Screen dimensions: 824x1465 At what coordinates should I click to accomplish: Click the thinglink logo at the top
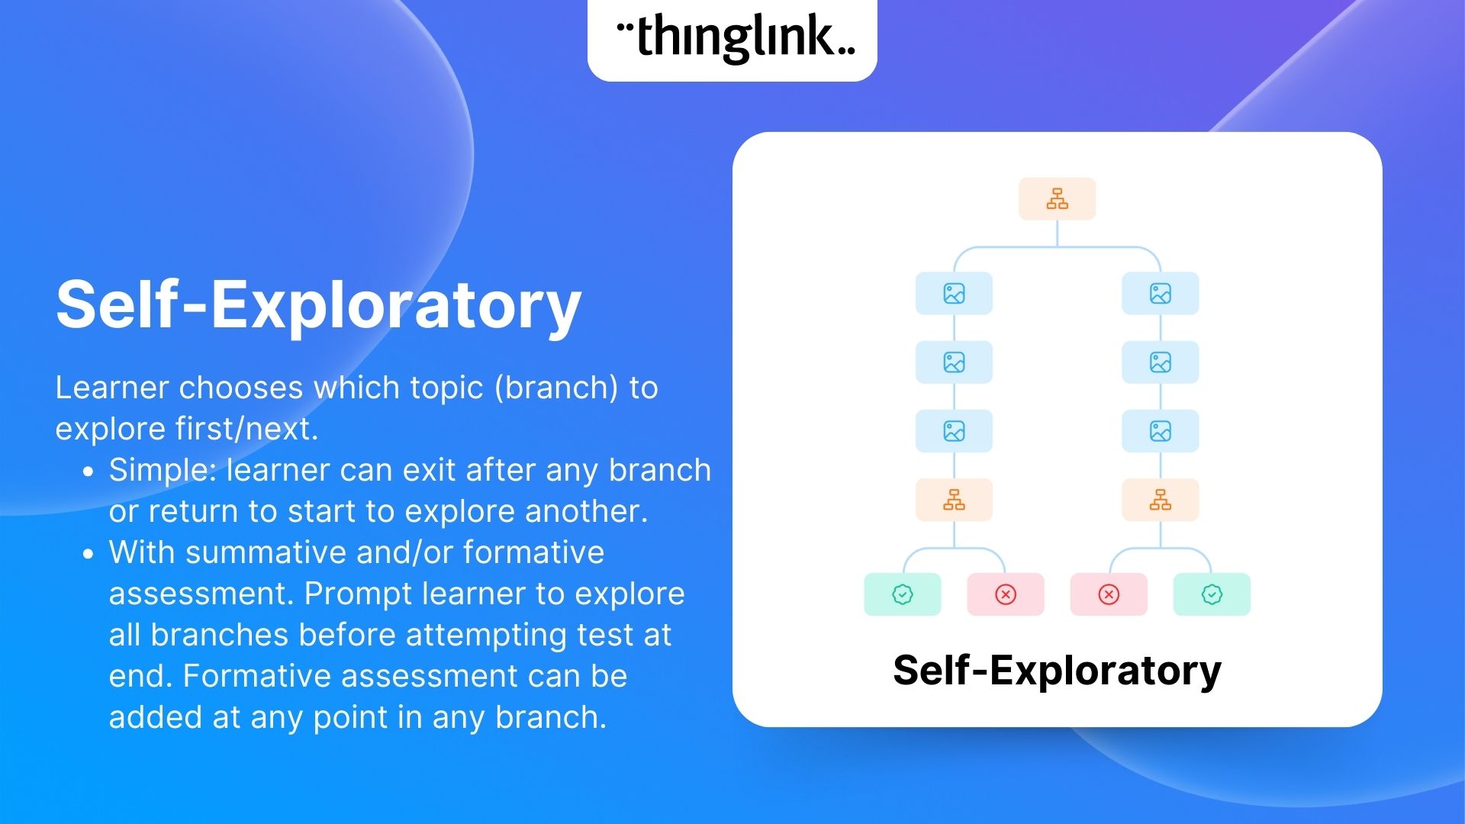[733, 38]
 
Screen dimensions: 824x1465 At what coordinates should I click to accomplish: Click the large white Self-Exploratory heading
[318, 304]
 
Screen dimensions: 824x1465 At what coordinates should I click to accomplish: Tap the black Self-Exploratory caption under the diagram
[1057, 671]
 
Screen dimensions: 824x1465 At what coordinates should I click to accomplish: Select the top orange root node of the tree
[1057, 199]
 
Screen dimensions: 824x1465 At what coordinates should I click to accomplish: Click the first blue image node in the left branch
[954, 294]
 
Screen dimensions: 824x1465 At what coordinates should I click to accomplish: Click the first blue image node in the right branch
[1160, 294]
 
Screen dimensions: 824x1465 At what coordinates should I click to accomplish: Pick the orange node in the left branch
[954, 500]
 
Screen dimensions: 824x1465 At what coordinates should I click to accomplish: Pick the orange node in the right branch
[1160, 500]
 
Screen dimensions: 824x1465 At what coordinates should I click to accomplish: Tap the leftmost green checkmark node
[902, 594]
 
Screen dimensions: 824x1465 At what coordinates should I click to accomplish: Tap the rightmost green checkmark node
[1212, 594]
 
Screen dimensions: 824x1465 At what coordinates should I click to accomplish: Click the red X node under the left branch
[1006, 594]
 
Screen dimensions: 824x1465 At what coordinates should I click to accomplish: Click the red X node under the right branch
[1109, 594]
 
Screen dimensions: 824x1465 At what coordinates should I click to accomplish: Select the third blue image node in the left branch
[954, 431]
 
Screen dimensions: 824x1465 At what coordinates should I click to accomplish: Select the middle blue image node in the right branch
[1160, 362]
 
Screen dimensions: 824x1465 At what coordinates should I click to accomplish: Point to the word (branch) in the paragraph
[556, 388]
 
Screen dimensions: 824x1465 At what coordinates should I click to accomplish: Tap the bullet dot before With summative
[89, 555]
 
